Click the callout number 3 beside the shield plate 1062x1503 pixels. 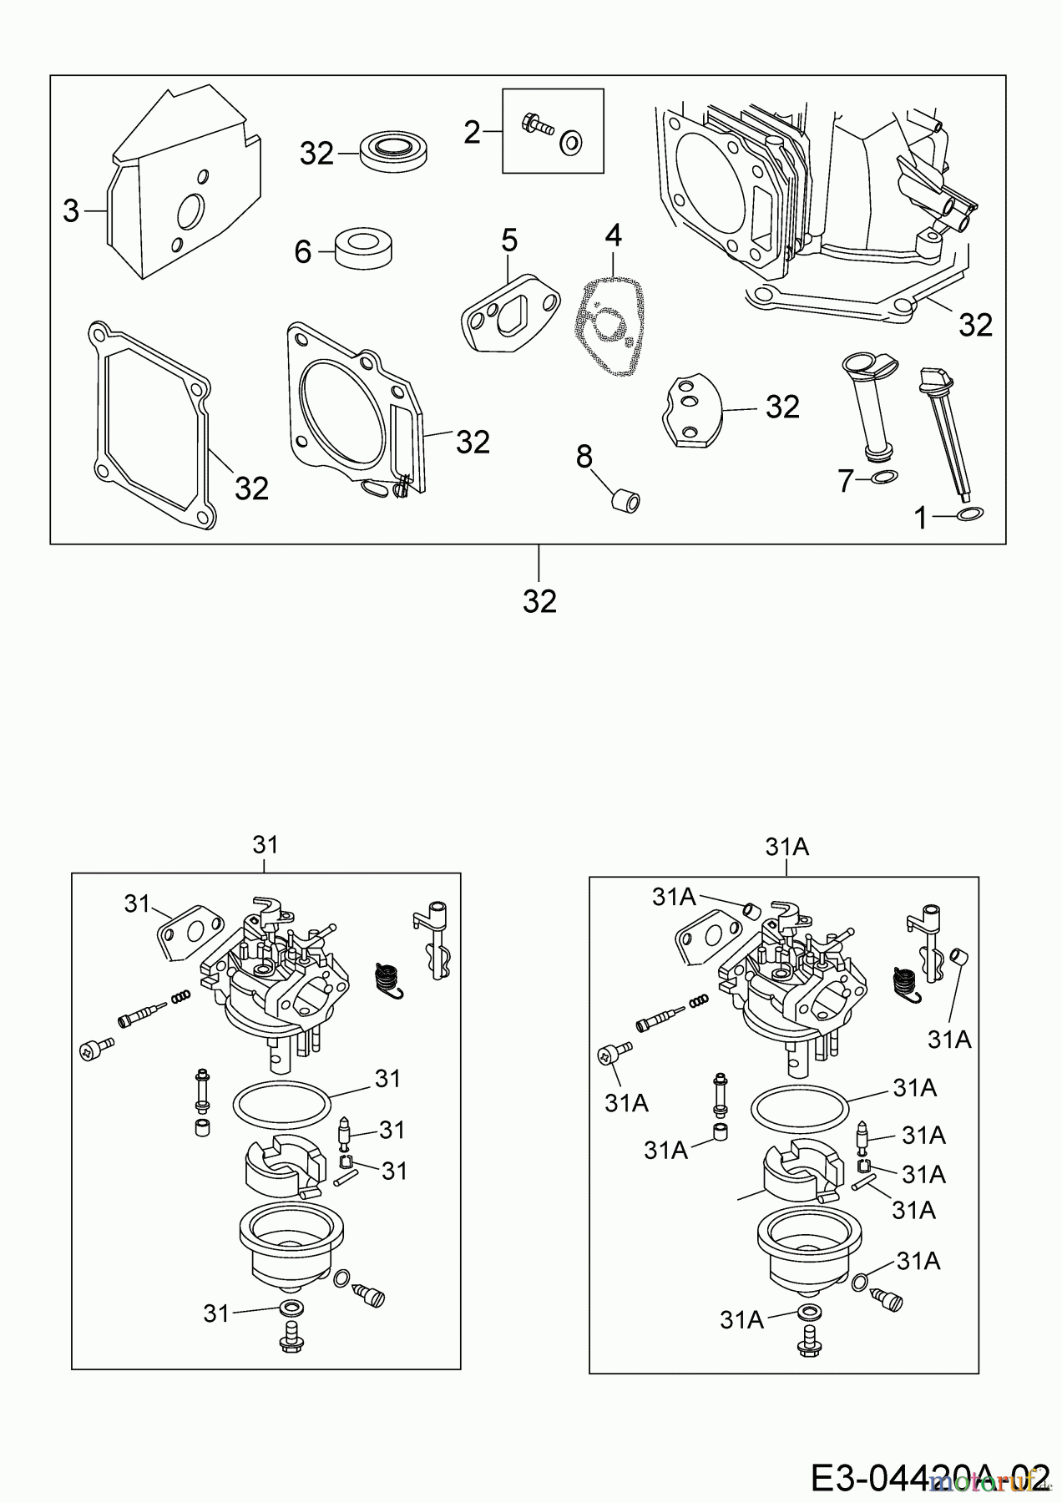(x=71, y=212)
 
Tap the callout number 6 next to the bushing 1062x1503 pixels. (x=302, y=250)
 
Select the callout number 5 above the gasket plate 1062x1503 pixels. (x=509, y=241)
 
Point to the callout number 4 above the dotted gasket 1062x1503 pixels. (x=614, y=235)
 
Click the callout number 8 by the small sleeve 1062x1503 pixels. (x=584, y=456)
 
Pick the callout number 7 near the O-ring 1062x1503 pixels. (x=847, y=480)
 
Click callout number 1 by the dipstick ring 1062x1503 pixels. (x=921, y=519)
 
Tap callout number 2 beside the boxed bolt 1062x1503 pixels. (x=473, y=132)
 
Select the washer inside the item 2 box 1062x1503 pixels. (x=572, y=144)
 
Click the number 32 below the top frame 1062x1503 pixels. (x=539, y=600)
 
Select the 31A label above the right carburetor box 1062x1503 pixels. (x=786, y=848)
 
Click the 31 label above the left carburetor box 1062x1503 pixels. (x=265, y=845)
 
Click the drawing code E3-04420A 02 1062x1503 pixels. (x=928, y=1475)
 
